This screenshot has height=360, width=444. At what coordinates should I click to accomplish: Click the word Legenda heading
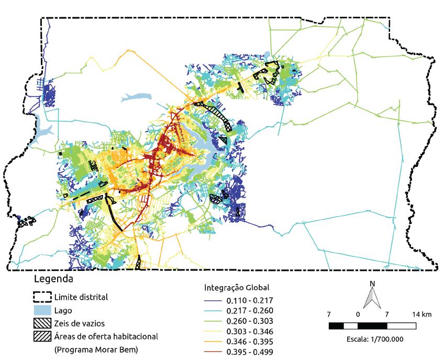click(53, 279)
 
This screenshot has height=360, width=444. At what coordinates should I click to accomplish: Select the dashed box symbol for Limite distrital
click(42, 297)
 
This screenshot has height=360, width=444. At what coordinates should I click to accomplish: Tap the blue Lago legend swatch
click(42, 310)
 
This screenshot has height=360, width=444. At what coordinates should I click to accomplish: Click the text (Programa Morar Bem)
click(96, 349)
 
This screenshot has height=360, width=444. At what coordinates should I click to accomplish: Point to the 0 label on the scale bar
click(358, 315)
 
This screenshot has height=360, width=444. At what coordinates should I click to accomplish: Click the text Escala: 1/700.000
click(372, 339)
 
